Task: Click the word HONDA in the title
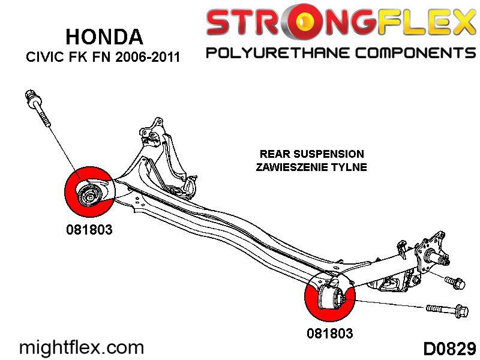click(104, 37)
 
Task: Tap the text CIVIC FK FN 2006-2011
click(103, 58)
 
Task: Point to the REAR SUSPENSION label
click(311, 154)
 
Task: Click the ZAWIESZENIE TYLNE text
click(311, 167)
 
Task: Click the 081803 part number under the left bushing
click(89, 229)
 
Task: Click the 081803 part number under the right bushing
click(329, 332)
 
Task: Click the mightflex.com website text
click(82, 347)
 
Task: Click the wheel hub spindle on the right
click(441, 259)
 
